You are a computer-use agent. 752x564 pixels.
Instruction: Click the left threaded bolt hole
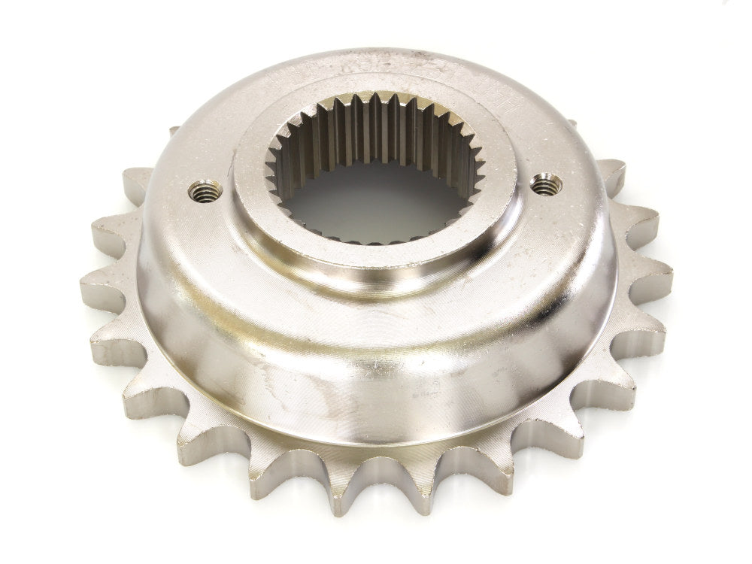205,191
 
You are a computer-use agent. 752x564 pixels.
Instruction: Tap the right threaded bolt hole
546,183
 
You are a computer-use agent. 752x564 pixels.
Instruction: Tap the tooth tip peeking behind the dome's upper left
174,132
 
